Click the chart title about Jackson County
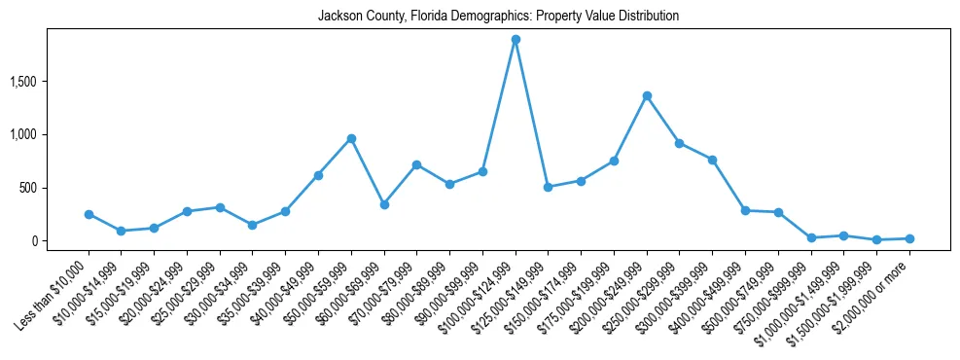498,16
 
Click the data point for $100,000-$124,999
516,40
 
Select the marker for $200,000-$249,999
647,95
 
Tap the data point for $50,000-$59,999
351,138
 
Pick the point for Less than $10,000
89,214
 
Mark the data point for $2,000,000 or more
909,238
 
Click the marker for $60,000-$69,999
384,204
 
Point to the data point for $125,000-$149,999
549,187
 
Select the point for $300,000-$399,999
712,160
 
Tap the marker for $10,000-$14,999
122,231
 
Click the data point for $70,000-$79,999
417,164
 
